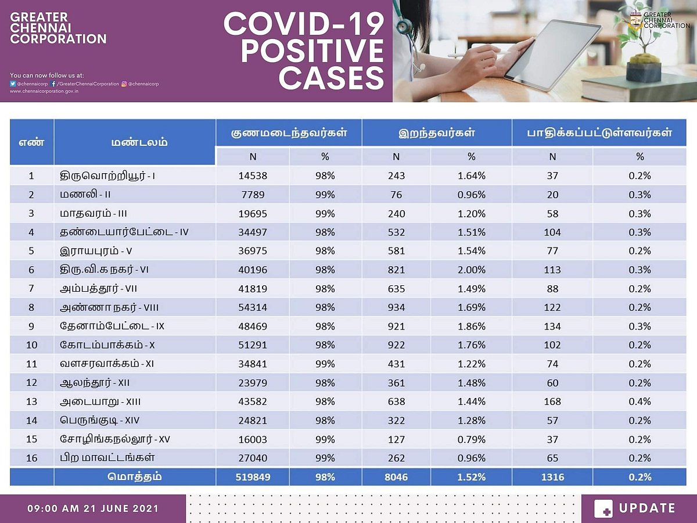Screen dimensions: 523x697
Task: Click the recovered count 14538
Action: pyautogui.click(x=253, y=175)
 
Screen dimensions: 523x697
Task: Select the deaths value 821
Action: pyautogui.click(x=396, y=270)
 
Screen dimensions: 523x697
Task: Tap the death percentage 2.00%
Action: pyautogui.click(x=471, y=270)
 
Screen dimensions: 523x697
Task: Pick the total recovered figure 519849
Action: pyautogui.click(x=253, y=477)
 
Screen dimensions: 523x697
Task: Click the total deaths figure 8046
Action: pyautogui.click(x=396, y=477)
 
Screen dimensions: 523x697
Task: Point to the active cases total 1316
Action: pyautogui.click(x=552, y=477)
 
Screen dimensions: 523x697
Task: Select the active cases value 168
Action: pyautogui.click(x=552, y=402)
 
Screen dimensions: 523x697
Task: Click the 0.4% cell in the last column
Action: pyautogui.click(x=639, y=402)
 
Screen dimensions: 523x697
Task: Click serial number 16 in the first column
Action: pyautogui.click(x=31, y=458)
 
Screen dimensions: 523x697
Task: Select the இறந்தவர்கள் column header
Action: pyautogui.click(x=437, y=132)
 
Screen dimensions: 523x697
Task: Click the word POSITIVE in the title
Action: pyautogui.click(x=312, y=51)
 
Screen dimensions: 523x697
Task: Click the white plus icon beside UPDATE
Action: pyautogui.click(x=603, y=508)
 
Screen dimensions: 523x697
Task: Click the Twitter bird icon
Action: pyautogui.click(x=13, y=84)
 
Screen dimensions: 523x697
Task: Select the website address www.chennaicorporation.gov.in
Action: pyautogui.click(x=45, y=91)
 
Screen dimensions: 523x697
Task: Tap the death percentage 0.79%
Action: pyautogui.click(x=471, y=439)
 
